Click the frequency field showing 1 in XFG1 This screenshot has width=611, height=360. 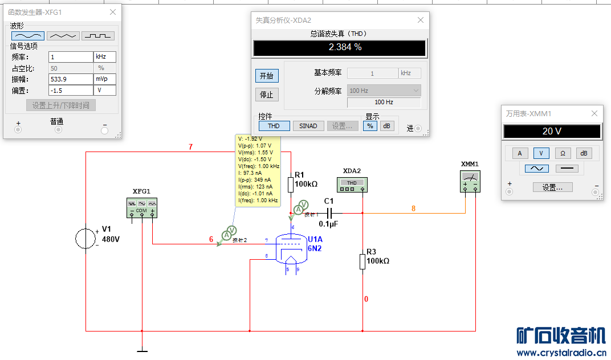point(71,57)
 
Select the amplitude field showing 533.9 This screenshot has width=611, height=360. point(71,79)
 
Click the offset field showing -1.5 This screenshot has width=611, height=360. point(71,91)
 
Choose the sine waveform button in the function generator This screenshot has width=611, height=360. point(27,35)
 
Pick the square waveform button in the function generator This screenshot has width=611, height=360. point(98,35)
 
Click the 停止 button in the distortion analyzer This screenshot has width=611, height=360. point(267,95)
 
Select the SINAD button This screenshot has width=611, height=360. point(308,126)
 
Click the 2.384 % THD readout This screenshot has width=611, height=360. point(340,48)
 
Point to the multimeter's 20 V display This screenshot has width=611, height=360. point(551,132)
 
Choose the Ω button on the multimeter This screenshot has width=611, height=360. point(563,153)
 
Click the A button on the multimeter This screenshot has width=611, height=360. point(519,153)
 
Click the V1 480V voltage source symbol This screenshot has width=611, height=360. point(86,239)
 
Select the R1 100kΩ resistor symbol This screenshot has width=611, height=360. point(291,185)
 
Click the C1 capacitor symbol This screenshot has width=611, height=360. point(328,213)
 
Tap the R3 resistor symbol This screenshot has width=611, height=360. point(362,261)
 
